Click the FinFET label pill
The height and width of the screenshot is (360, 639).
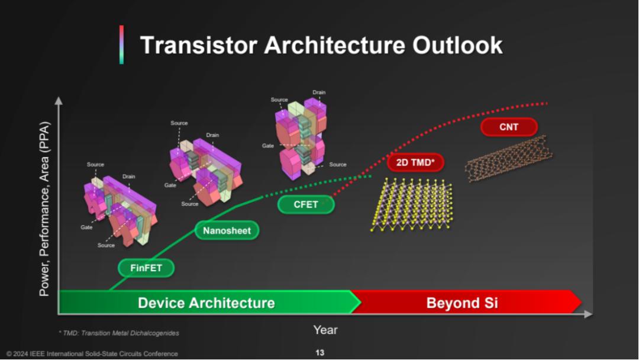click(x=146, y=268)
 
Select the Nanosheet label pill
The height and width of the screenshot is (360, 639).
click(x=227, y=230)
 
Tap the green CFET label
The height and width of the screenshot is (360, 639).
click(x=306, y=204)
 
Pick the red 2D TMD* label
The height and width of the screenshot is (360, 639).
click(x=415, y=162)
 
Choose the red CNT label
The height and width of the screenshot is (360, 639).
click(x=509, y=127)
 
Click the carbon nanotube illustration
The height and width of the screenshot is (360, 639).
click(x=509, y=159)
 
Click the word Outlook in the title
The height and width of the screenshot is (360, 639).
click(x=457, y=45)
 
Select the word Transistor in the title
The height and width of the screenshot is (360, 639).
click(x=198, y=45)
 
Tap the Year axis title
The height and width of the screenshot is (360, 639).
click(x=325, y=330)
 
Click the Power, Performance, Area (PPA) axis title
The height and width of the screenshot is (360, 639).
click(x=44, y=209)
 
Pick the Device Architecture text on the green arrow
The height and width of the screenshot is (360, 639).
click(x=206, y=303)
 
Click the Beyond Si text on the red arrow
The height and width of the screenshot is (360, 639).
click(x=462, y=303)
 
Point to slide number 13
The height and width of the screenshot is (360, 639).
click(x=320, y=353)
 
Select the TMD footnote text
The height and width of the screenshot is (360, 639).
click(x=119, y=333)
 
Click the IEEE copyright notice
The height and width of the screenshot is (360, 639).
click(x=92, y=353)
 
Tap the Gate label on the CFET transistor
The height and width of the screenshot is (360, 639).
click(x=268, y=146)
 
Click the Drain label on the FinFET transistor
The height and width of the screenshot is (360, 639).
click(x=129, y=176)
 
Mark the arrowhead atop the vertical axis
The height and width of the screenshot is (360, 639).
click(x=59, y=101)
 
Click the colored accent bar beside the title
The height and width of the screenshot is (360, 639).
click(x=121, y=45)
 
